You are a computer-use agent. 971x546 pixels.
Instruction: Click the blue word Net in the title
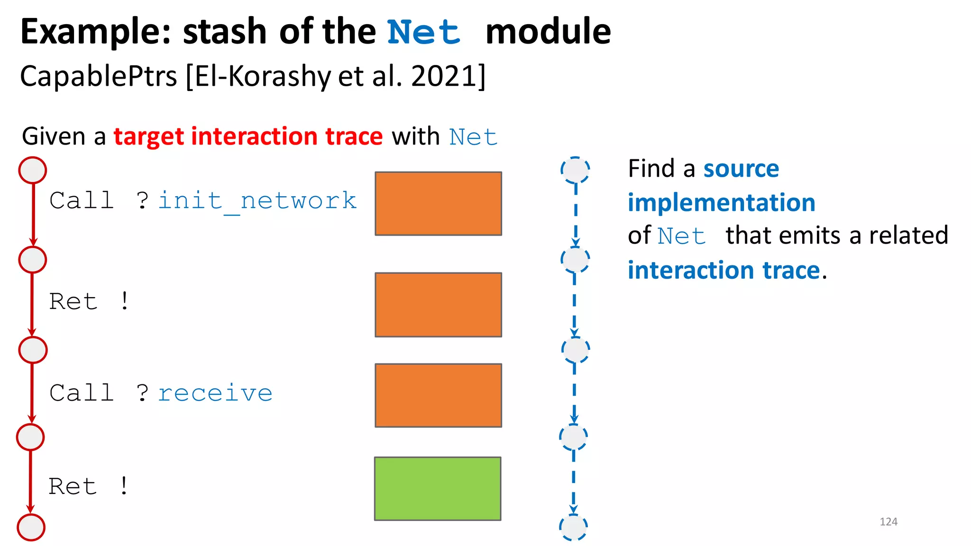(x=424, y=32)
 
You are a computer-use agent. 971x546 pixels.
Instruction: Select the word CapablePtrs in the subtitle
(x=99, y=76)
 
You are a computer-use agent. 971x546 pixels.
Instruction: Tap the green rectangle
(x=438, y=489)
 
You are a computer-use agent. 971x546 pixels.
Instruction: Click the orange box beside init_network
(x=438, y=204)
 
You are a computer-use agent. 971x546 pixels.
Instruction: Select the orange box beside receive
(x=438, y=395)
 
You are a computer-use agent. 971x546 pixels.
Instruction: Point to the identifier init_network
(x=257, y=201)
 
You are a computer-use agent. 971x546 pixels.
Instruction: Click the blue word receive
(x=215, y=393)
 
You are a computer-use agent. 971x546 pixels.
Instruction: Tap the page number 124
(x=889, y=522)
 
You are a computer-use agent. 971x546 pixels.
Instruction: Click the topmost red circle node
(x=32, y=170)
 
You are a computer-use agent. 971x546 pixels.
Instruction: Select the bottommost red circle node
(x=31, y=527)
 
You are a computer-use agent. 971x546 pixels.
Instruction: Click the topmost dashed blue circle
(x=575, y=170)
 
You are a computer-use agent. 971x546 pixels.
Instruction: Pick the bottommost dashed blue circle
(x=573, y=527)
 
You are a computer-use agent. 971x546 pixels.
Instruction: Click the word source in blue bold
(x=741, y=169)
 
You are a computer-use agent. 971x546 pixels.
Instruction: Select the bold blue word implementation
(x=721, y=203)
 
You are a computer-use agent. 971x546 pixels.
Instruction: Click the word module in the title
(x=548, y=32)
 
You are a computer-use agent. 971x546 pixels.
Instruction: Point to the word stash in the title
(x=225, y=32)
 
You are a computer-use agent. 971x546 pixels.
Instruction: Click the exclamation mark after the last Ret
(x=124, y=486)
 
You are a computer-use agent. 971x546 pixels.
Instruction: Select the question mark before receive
(x=142, y=393)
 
